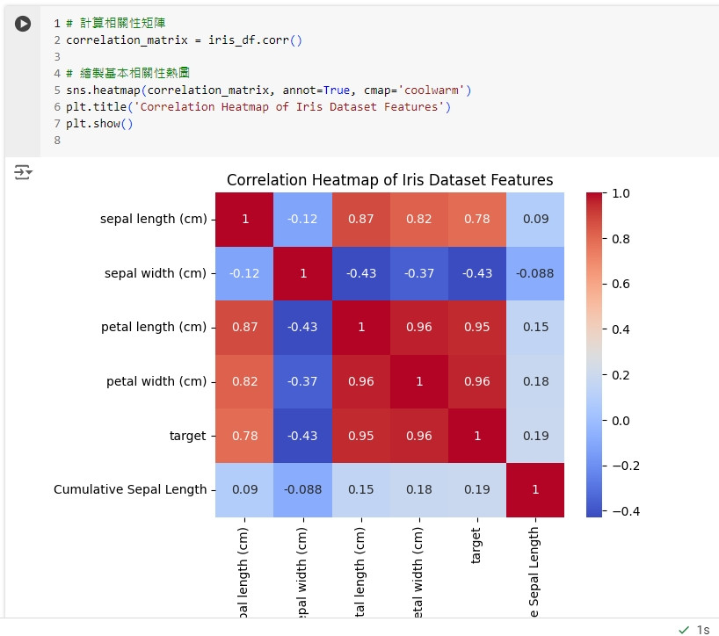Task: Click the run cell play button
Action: click(24, 25)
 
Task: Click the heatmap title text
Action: click(389, 180)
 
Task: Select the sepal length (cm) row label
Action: click(153, 219)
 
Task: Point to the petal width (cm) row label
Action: click(156, 381)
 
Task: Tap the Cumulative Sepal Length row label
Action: click(130, 489)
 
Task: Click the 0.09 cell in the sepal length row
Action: click(535, 219)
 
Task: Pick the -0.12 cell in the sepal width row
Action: click(245, 273)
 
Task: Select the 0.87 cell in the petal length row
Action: click(245, 327)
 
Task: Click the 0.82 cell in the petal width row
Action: click(245, 381)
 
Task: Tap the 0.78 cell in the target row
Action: click(245, 436)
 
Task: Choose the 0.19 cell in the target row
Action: click(535, 436)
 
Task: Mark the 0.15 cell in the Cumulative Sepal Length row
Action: click(361, 489)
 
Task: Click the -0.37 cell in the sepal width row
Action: click(419, 273)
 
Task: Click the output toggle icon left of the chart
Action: click(23, 172)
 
